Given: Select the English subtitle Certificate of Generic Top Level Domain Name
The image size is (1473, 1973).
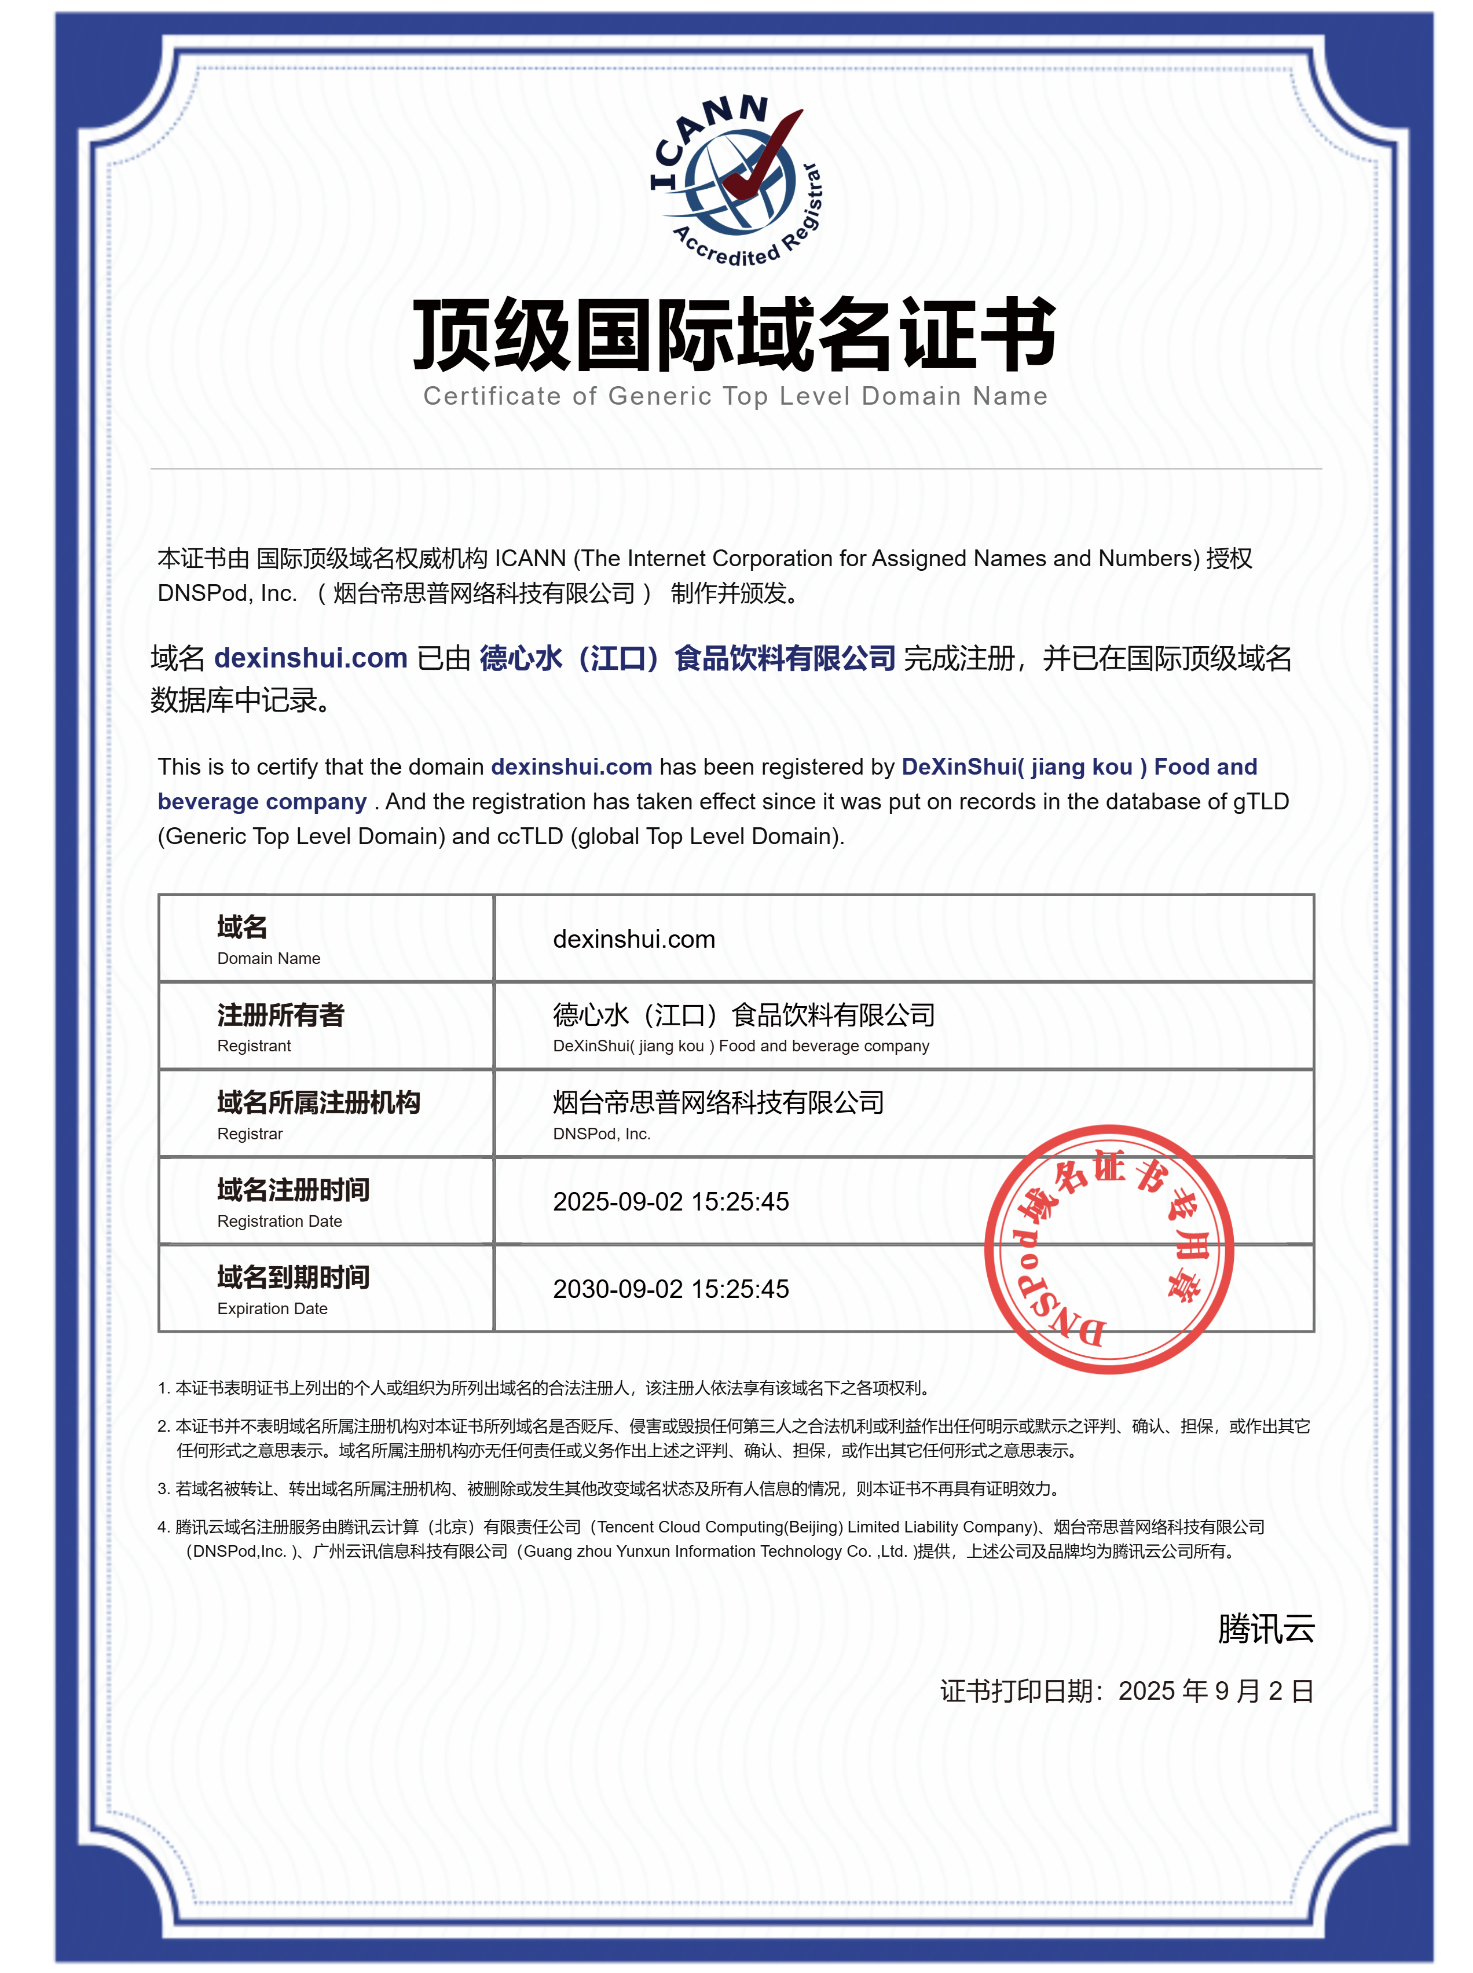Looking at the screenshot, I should (735, 396).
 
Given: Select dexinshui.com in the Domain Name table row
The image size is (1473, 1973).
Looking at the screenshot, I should (634, 939).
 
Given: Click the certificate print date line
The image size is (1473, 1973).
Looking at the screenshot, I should (1126, 1690).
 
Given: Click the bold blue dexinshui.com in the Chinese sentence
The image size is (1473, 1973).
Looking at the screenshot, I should (310, 658).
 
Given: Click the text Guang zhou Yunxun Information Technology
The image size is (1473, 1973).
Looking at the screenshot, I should (684, 1552).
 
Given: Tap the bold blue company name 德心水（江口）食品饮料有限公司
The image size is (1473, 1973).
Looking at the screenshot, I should (687, 658).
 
